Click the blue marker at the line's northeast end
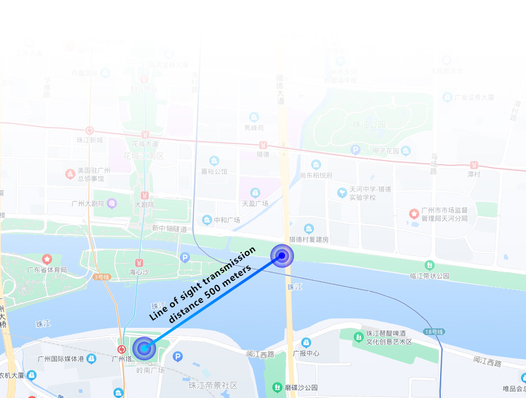[x=282, y=255]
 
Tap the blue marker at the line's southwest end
[x=145, y=348]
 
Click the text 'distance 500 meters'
[x=210, y=294]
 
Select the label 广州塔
[x=121, y=359]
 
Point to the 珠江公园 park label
[x=369, y=125]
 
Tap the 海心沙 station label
[x=140, y=272]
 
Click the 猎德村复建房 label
[x=309, y=239]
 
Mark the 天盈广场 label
[x=255, y=203]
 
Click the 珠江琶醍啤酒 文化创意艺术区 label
[x=389, y=338]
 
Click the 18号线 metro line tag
[x=434, y=332]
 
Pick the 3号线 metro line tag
[x=102, y=276]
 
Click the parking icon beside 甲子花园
[x=355, y=150]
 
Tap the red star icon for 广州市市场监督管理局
[x=414, y=213]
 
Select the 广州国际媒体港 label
[x=60, y=359]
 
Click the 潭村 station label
[x=473, y=174]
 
